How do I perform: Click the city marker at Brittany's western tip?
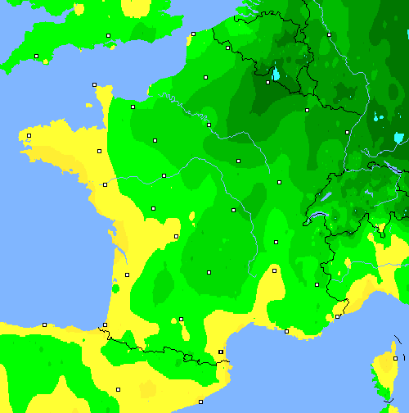29,135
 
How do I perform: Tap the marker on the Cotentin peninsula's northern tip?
94,84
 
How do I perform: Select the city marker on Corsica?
395,358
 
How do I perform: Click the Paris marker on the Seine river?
209,125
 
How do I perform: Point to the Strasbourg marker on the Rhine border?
347,132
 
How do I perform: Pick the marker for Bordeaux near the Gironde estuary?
127,275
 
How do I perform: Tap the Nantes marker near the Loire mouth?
105,184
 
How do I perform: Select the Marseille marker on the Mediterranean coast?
286,331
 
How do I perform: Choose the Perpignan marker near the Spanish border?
221,352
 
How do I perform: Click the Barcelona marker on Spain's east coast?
200,402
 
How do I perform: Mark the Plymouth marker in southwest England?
37,56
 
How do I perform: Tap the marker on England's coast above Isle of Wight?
109,35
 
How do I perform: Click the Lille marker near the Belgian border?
227,47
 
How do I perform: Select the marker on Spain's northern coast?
45,324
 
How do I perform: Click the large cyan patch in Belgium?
276,75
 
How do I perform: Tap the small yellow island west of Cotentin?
89,106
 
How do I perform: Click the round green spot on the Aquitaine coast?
115,288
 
